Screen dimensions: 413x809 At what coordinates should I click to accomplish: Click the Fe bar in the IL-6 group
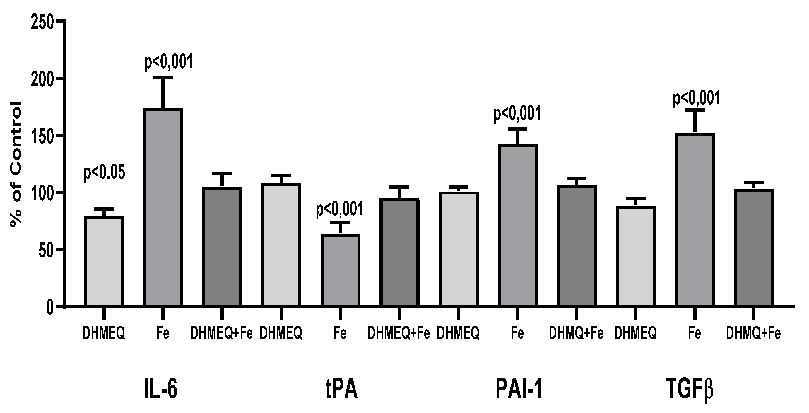click(x=163, y=207)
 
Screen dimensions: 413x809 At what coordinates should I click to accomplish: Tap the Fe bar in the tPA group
click(x=340, y=270)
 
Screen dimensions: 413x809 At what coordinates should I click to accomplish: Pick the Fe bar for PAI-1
click(x=517, y=225)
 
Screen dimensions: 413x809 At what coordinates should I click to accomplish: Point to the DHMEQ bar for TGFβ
click(x=635, y=256)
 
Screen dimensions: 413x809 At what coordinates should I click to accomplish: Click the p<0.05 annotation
click(x=104, y=173)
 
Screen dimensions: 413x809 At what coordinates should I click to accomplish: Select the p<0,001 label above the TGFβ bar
click(x=696, y=98)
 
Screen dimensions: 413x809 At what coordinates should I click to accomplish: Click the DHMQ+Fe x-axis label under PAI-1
click(x=576, y=333)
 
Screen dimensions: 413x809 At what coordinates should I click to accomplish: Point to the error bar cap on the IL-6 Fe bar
click(x=163, y=78)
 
